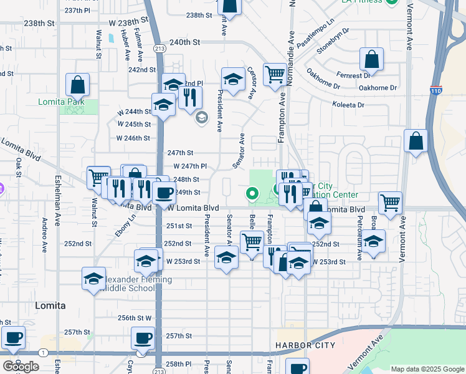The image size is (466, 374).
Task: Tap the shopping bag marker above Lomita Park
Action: click(x=78, y=84)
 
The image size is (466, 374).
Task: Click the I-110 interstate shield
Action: click(x=436, y=91)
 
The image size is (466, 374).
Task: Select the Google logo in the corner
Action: click(x=21, y=367)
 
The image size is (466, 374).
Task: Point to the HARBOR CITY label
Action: click(x=305, y=345)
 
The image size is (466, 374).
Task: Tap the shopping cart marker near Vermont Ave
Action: click(x=390, y=203)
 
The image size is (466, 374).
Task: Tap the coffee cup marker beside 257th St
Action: click(x=143, y=338)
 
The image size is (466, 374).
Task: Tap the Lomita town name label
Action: click(x=50, y=305)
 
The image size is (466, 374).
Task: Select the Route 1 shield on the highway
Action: click(x=42, y=353)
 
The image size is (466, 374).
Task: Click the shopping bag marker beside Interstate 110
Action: click(x=416, y=141)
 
